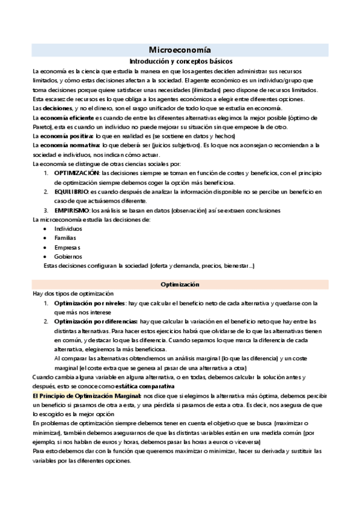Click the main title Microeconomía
[x=180, y=50]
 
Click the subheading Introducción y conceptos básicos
[x=180, y=61]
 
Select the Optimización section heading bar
[x=180, y=284]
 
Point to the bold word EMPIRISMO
[x=72, y=210]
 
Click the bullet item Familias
[x=66, y=238]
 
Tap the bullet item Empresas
[x=67, y=247]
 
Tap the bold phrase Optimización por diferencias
[x=96, y=322]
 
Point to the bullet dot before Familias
[x=46, y=239]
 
